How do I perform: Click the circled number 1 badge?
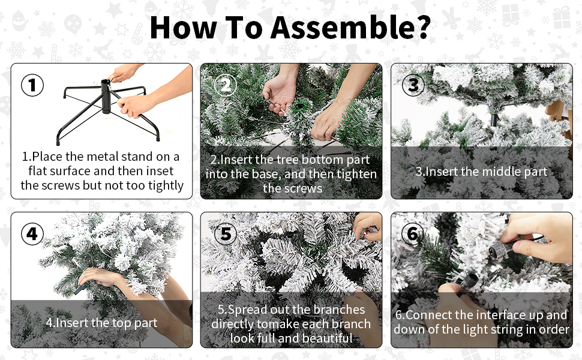pos(32,85)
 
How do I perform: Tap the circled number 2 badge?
pos(226,85)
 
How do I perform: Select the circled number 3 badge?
pos(413,85)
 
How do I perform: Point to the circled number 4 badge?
pos(32,234)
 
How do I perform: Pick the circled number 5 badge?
pos(226,234)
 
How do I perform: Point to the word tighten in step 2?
pos(352,175)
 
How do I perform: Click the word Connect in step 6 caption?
pos(428,315)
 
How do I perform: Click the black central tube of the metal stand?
pos(106,96)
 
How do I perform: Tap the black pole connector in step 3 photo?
pos(494,119)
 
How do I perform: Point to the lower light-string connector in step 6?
pos(467,285)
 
